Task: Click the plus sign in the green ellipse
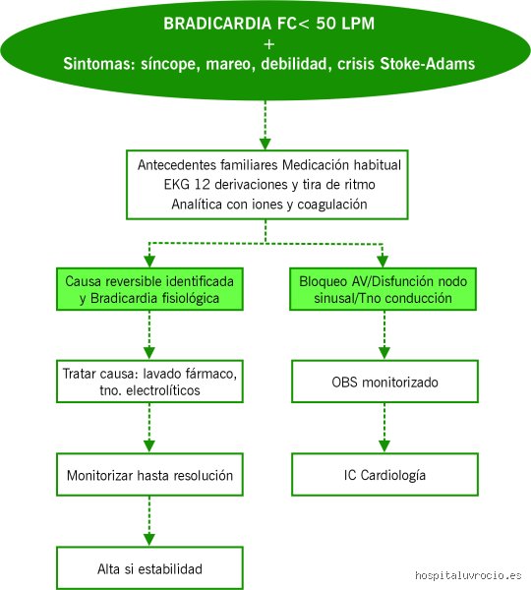click(x=268, y=45)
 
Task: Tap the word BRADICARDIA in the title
click(x=218, y=24)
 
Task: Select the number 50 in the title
click(x=325, y=24)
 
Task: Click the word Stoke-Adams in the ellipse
click(x=427, y=64)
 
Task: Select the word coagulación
click(x=332, y=205)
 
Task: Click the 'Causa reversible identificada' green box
click(x=149, y=289)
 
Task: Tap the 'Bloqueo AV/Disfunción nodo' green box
click(x=383, y=289)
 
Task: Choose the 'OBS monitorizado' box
click(x=384, y=382)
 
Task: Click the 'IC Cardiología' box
click(x=384, y=475)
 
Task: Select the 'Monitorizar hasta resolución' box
click(x=149, y=475)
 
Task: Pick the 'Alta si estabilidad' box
click(x=149, y=567)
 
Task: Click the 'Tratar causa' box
click(x=149, y=382)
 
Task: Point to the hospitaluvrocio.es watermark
click(x=468, y=575)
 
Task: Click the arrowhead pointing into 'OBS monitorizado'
click(x=384, y=353)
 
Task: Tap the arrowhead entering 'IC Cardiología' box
click(x=384, y=445)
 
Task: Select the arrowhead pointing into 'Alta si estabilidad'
click(x=149, y=540)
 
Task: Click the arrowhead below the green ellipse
click(x=265, y=144)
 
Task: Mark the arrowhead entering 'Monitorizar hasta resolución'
click(x=149, y=445)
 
